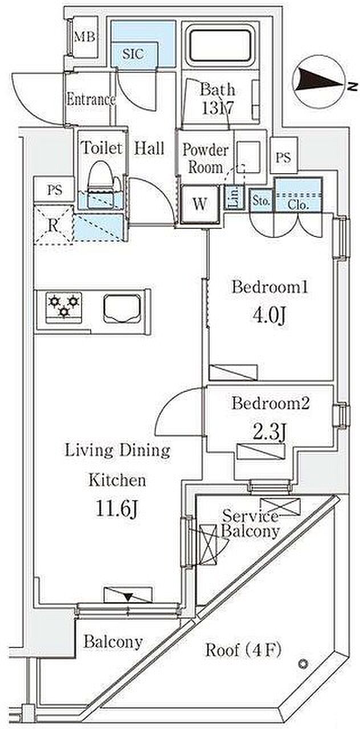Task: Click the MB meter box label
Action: point(85,37)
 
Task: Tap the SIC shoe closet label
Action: point(133,54)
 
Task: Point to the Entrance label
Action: point(91,100)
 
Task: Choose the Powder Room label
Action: point(206,158)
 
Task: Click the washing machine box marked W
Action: point(199,204)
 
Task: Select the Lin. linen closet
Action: point(234,197)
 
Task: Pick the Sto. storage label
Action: point(261,201)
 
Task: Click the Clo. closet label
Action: point(298,205)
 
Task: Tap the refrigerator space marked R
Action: point(54,225)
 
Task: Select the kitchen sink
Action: point(122,309)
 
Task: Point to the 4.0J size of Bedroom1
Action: point(269,316)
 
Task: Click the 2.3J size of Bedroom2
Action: point(269,432)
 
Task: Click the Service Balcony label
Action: point(251,524)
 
